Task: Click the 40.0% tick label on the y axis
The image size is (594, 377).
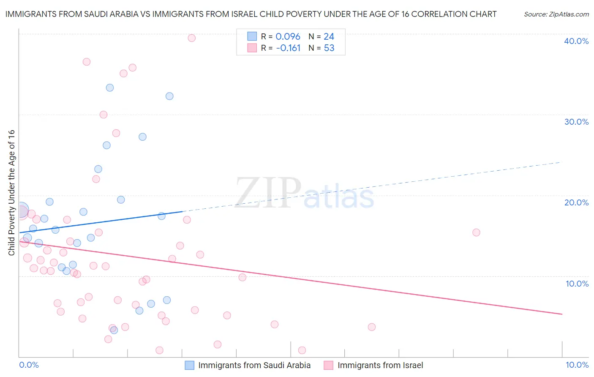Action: (576, 41)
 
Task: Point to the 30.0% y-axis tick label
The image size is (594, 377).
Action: (576, 122)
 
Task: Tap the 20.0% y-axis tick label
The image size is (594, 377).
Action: (576, 202)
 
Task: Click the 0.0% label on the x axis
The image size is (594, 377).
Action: (29, 365)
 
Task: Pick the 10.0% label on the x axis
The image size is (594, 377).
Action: (577, 365)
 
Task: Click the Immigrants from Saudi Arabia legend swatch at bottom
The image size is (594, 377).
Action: (190, 365)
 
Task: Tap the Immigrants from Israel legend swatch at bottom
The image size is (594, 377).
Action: (329, 365)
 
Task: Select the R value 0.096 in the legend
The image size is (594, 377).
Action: (288, 37)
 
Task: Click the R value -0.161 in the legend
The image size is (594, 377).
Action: (288, 48)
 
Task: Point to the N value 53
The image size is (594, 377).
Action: (329, 48)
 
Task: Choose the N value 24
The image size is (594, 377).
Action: (329, 37)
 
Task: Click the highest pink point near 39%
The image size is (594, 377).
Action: (191, 38)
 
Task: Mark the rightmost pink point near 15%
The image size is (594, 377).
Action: (476, 232)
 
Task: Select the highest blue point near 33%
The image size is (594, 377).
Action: (110, 88)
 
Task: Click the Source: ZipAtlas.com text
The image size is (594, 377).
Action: (556, 14)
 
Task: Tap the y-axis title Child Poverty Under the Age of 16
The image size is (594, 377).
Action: (12, 192)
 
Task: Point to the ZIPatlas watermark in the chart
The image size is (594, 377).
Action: (304, 194)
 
